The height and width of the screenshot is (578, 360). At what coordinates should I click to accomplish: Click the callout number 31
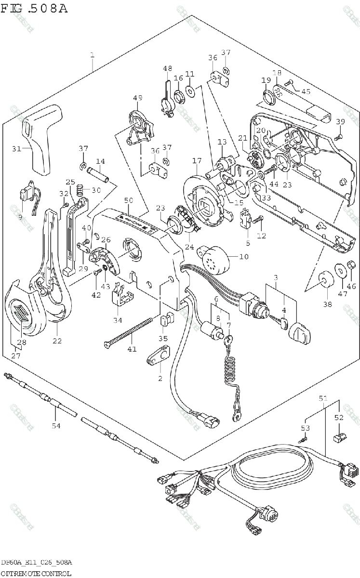coord(16,149)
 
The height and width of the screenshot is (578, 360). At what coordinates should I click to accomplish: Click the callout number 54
coord(56,425)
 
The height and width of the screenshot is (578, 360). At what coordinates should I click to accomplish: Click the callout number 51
coord(323,398)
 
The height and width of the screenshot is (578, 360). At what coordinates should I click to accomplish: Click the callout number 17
coord(196,160)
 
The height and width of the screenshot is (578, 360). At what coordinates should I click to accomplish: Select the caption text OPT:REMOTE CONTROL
coord(36,573)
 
